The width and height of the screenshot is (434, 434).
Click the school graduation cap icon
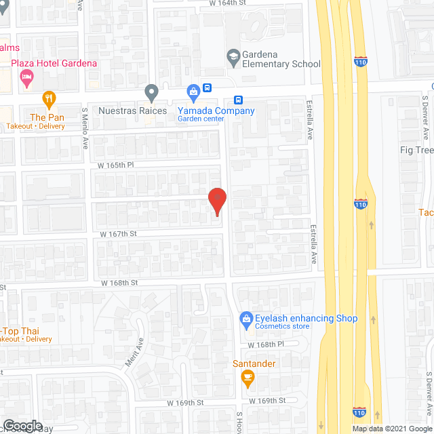click(x=233, y=56)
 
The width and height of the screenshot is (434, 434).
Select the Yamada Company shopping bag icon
click(x=193, y=91)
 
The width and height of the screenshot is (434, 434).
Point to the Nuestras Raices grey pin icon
click(x=152, y=91)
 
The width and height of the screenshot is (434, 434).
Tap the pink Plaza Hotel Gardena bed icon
click(x=26, y=79)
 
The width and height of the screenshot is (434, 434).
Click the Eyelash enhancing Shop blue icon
click(x=247, y=318)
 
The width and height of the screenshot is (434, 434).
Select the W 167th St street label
click(x=119, y=233)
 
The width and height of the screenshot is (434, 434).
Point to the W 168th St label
click(x=120, y=282)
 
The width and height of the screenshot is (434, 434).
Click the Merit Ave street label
click(x=132, y=353)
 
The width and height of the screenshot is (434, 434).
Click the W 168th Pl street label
click(x=279, y=344)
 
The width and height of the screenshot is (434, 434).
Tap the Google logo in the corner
click(x=22, y=426)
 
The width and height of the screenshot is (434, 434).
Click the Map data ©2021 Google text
click(x=391, y=428)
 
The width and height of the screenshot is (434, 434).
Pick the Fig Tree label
click(x=414, y=150)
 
